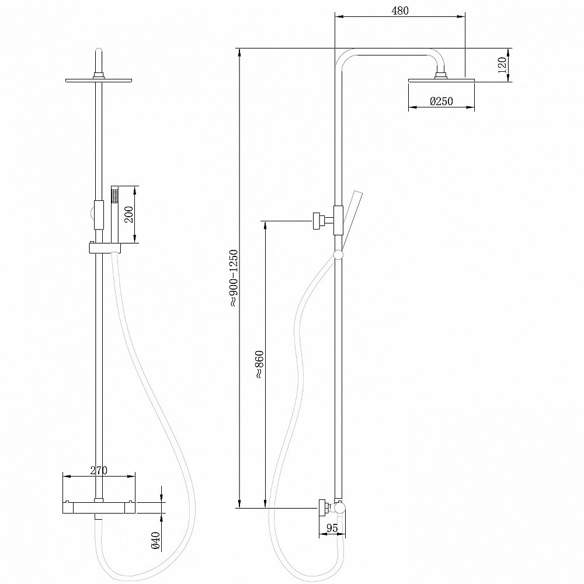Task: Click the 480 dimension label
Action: pyautogui.click(x=399, y=11)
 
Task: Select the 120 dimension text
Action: pyautogui.click(x=502, y=64)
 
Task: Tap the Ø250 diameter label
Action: pyautogui.click(x=442, y=102)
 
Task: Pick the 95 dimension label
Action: pyautogui.click(x=332, y=528)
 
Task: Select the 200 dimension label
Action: pyautogui.click(x=130, y=214)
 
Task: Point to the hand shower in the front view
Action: pyautogui.click(x=114, y=213)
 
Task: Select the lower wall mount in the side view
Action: pyautogui.click(x=323, y=508)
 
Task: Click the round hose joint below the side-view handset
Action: pyautogui.click(x=338, y=255)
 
